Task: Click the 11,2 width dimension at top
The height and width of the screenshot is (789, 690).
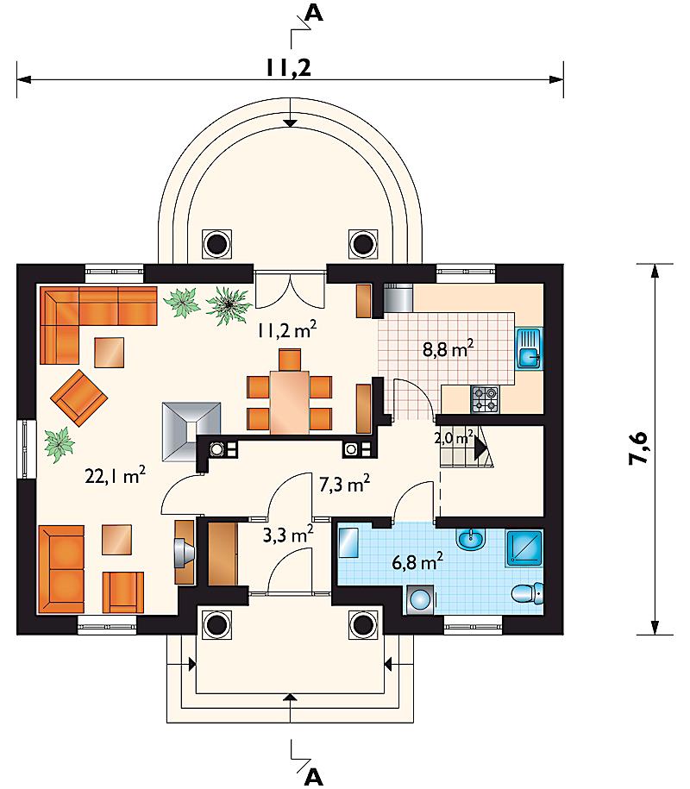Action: coord(289,67)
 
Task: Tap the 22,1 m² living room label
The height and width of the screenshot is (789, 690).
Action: coord(116,475)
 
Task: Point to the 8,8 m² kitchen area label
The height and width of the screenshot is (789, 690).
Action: coord(448,348)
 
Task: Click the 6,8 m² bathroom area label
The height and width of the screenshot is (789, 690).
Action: coord(417,561)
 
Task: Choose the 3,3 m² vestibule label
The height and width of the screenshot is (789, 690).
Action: coord(288,534)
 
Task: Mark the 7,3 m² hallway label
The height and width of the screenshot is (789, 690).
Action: coord(345,484)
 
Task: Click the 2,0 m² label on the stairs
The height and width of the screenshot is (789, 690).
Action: coord(454,437)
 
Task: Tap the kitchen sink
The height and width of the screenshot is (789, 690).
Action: coord(528,348)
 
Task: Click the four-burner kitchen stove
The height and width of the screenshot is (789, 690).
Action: coord(486,399)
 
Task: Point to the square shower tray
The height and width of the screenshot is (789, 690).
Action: coord(524,548)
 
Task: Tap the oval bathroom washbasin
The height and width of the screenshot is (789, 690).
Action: coord(471,540)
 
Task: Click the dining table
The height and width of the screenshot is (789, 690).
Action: coord(290,402)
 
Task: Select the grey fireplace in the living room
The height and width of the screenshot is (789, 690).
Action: coord(191,431)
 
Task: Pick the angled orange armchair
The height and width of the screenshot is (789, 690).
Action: coord(79,398)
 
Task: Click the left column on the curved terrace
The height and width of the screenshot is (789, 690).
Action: coord(216,244)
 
